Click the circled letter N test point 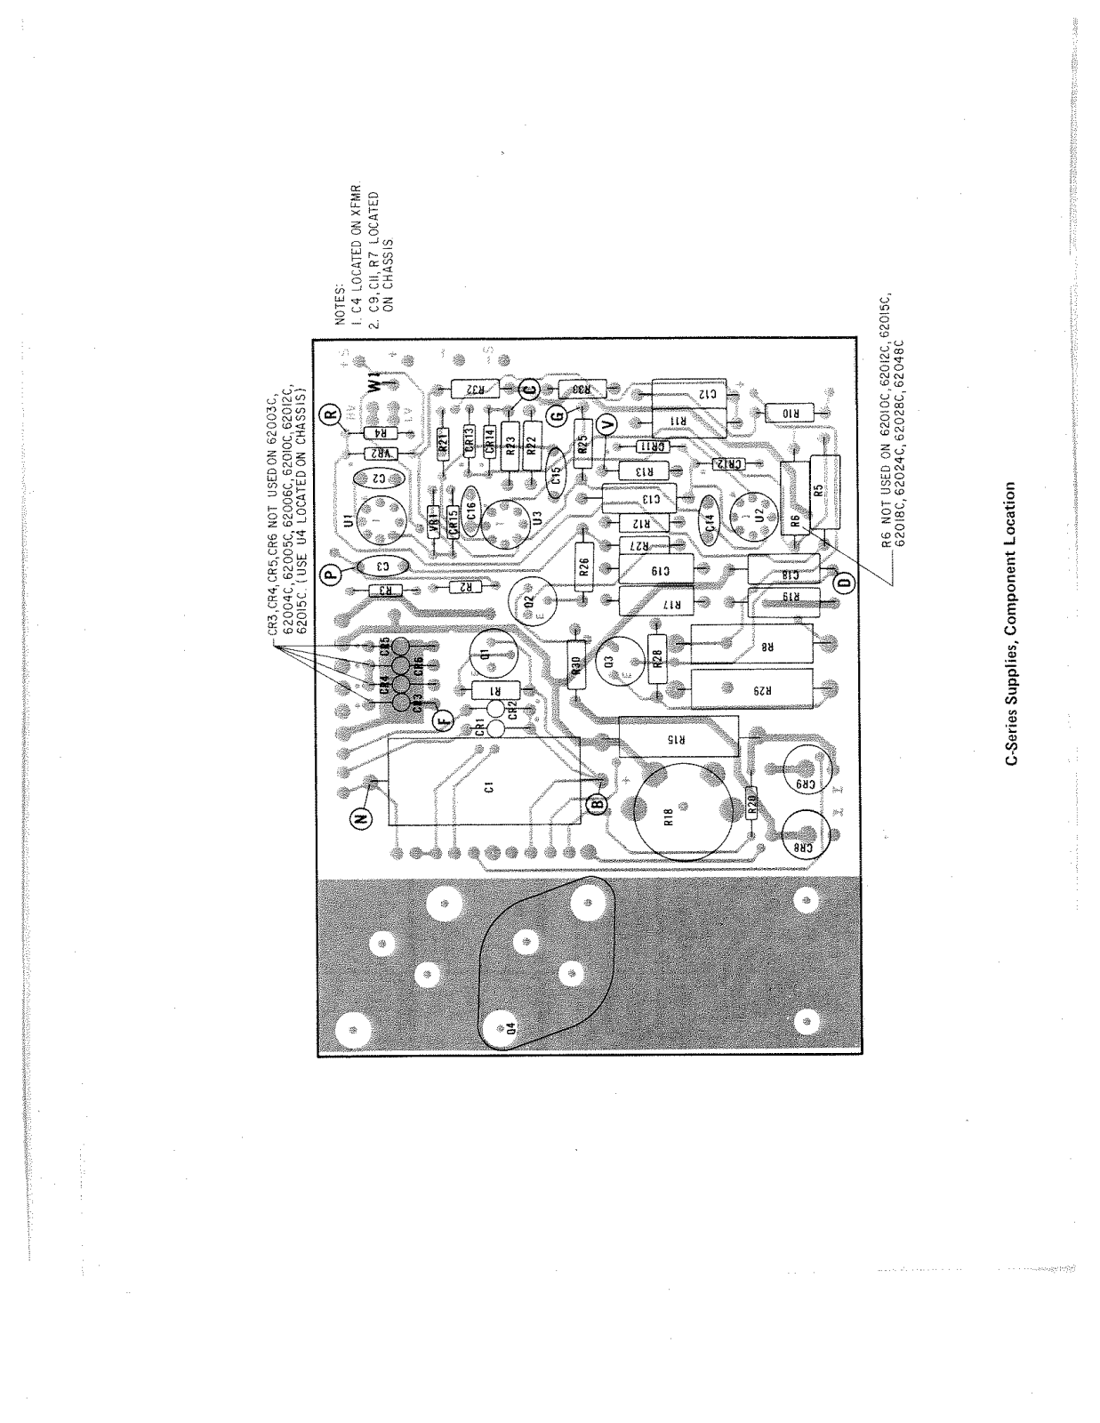pyautogui.click(x=361, y=819)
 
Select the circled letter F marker pyautogui.click(x=442, y=720)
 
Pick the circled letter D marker pyautogui.click(x=844, y=583)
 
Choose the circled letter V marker pyautogui.click(x=607, y=426)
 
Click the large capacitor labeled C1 pyautogui.click(x=486, y=783)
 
